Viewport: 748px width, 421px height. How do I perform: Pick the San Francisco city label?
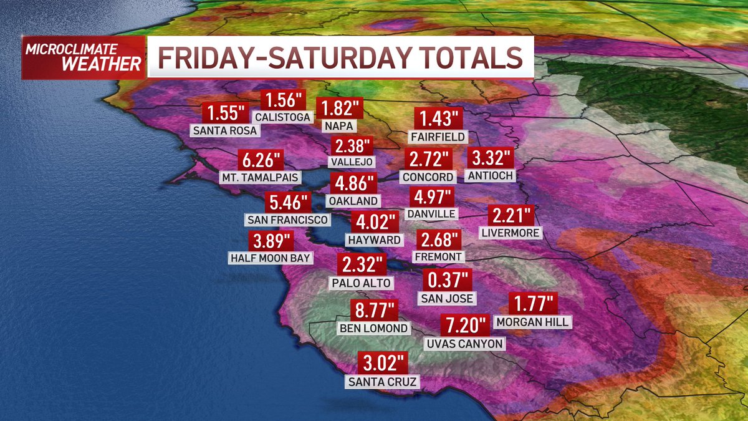point(287,220)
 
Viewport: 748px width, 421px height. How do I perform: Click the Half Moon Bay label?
point(270,257)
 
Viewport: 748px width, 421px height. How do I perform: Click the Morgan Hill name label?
point(532,322)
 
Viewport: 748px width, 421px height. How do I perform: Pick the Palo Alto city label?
point(362,283)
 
